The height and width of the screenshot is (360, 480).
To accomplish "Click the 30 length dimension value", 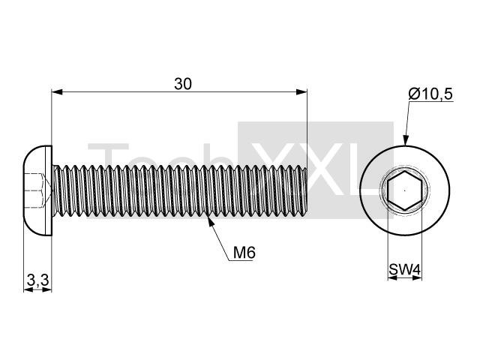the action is tap(183, 84).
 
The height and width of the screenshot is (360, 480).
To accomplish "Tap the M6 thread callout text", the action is tap(244, 253).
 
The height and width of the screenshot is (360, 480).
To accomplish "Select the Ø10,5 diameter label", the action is tap(430, 94).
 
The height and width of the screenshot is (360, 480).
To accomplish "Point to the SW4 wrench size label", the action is tap(405, 270).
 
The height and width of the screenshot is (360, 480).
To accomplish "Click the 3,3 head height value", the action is tap(38, 280).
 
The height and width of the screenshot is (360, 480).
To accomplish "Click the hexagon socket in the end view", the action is tap(405, 190).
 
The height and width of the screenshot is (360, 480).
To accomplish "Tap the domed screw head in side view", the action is tap(37, 190).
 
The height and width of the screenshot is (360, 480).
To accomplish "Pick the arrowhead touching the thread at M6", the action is tap(210, 220).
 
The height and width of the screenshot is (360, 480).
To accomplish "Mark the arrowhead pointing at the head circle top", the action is tap(405, 140).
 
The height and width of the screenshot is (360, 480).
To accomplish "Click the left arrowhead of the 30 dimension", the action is tap(57, 91).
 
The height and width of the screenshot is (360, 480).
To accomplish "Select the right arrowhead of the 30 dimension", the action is tap(301, 91).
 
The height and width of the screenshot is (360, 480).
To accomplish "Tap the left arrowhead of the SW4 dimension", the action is tap(392, 277).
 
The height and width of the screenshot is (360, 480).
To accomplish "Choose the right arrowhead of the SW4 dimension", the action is tap(418, 277).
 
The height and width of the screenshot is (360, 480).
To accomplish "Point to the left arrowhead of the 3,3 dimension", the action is tap(28, 290).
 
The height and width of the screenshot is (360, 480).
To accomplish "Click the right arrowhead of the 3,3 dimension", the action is tap(47, 290).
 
